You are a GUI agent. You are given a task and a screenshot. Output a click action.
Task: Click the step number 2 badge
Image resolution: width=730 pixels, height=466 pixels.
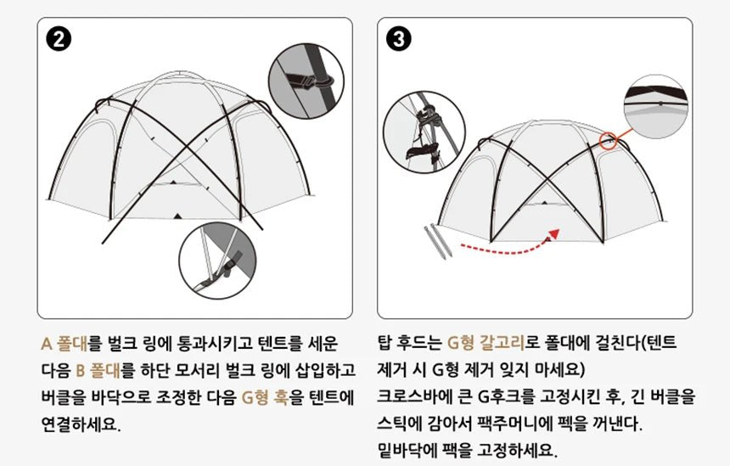[x=59, y=39]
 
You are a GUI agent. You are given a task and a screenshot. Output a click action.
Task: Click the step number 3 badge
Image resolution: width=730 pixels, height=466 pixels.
[x=398, y=39]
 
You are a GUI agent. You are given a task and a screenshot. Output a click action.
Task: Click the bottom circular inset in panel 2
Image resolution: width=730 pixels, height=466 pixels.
[x=219, y=265]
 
